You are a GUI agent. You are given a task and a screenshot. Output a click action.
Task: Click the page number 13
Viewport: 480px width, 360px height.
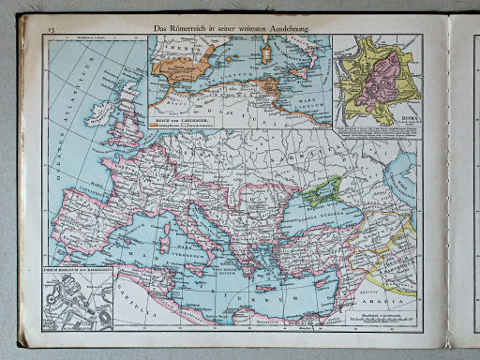48,32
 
